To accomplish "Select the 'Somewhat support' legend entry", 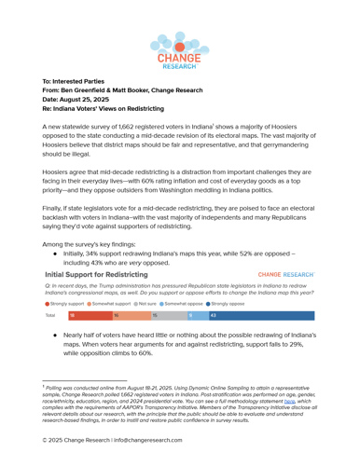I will click(111, 304).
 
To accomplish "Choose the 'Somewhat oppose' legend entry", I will click(184, 304).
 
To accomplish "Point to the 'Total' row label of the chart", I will click(49, 316).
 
